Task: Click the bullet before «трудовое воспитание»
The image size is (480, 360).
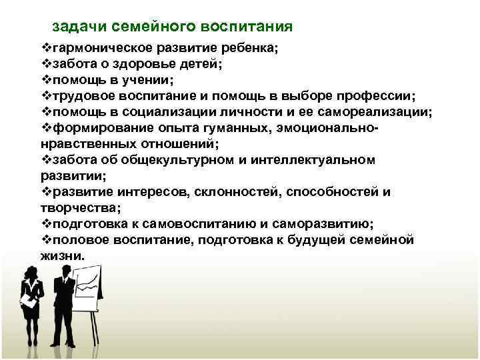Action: [45, 96]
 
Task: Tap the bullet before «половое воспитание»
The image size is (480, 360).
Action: [45, 240]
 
